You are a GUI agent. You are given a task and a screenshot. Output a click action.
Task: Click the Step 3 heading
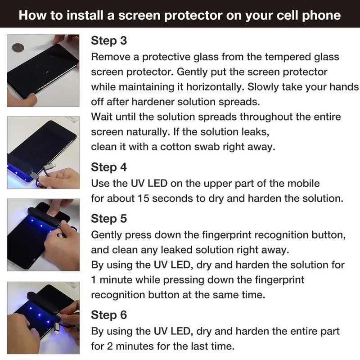[109, 41]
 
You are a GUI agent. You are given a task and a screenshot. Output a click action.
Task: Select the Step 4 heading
[109, 167]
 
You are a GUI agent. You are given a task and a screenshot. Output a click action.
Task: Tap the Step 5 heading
[109, 219]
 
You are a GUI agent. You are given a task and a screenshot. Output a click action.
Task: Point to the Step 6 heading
[109, 314]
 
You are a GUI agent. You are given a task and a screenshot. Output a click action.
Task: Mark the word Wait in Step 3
[102, 117]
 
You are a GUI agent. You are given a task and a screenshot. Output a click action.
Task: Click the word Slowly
[274, 87]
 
